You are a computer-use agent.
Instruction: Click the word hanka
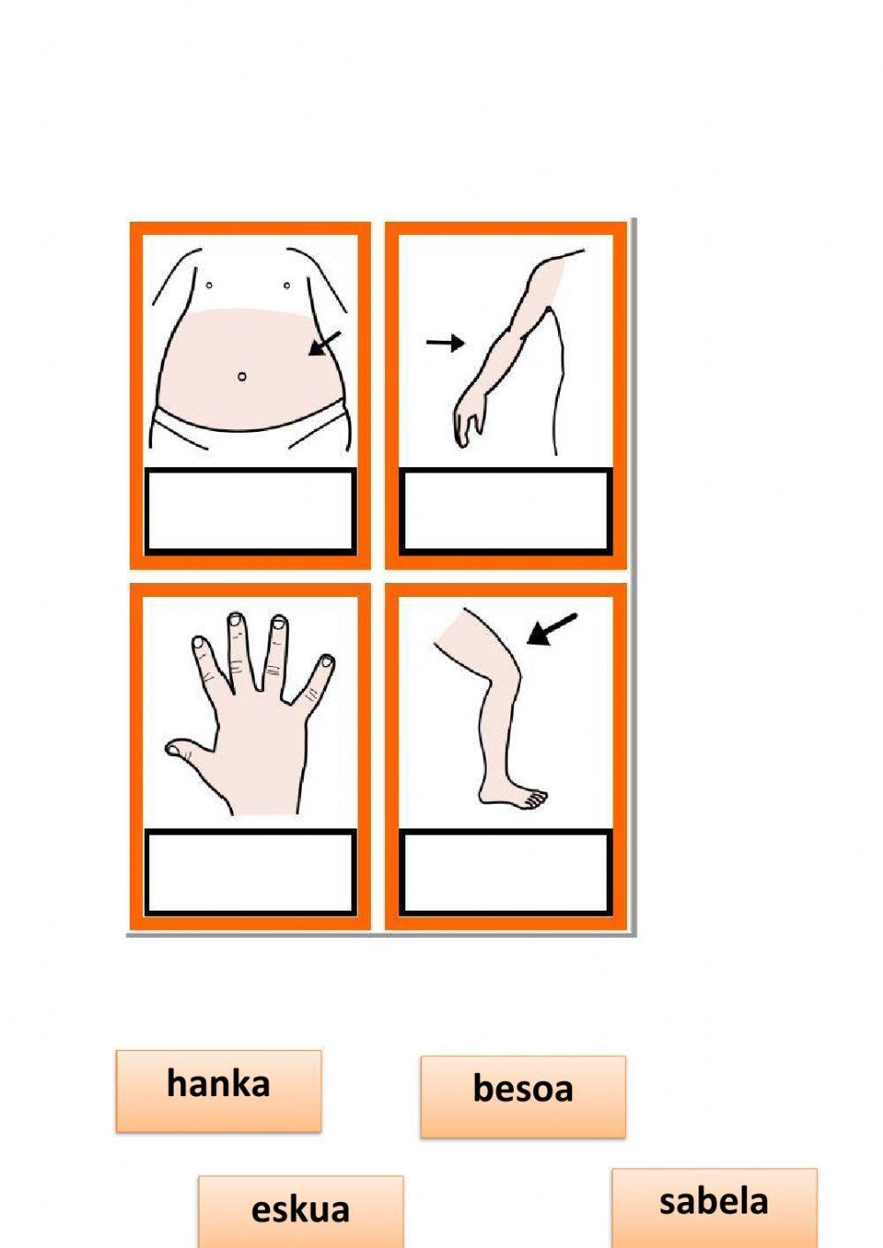click(x=218, y=1084)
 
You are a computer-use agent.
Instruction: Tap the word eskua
click(x=300, y=1209)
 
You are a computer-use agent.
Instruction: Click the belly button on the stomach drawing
click(x=242, y=376)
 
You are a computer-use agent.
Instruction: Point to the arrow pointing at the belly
click(x=324, y=344)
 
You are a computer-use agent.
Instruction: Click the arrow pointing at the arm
click(x=446, y=343)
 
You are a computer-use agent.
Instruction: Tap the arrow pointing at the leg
click(x=552, y=630)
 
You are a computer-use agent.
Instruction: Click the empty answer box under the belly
click(x=250, y=511)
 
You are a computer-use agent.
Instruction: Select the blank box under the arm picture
click(x=506, y=511)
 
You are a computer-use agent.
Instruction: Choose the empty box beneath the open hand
click(x=250, y=872)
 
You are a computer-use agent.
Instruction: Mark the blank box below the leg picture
click(x=506, y=872)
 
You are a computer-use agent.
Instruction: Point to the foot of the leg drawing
click(x=512, y=796)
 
